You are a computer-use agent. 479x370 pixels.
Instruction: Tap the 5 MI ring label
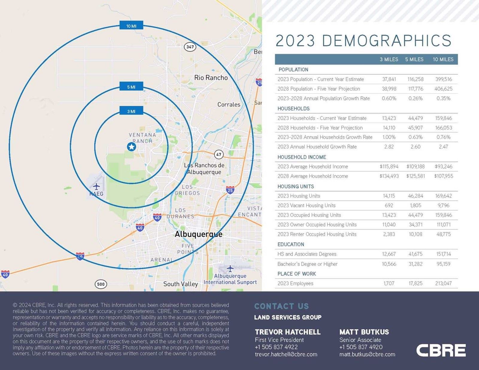pos(131,87)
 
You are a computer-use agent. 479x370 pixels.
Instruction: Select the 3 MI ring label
pos(131,111)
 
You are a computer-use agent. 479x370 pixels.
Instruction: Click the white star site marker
pos(131,147)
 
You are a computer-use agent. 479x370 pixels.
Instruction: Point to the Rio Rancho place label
pos(211,78)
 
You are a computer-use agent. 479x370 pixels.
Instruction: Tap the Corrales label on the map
pos(229,104)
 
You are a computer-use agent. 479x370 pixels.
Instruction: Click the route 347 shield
pos(190,47)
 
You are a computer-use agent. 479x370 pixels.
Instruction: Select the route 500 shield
pos(101,284)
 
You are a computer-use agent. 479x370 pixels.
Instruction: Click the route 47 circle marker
pos(219,154)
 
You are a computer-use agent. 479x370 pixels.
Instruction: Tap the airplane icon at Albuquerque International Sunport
pos(230,268)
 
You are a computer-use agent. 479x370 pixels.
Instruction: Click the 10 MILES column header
pos(443,59)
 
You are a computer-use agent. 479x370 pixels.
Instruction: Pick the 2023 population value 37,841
pos(389,79)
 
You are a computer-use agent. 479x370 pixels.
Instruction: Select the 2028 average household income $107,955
pos(443,176)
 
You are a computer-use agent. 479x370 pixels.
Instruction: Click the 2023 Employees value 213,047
pos(443,283)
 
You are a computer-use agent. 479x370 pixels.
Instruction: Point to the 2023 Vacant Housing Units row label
pos(306,205)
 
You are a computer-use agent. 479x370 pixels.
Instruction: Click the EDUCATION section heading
pos(290,244)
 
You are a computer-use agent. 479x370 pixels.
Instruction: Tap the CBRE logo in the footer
pos(441,350)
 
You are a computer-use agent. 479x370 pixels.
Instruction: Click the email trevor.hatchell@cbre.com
pos(286,354)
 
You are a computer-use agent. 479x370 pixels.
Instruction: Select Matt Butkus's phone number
pos(361,347)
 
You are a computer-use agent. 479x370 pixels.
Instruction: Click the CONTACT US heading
pos(281,306)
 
